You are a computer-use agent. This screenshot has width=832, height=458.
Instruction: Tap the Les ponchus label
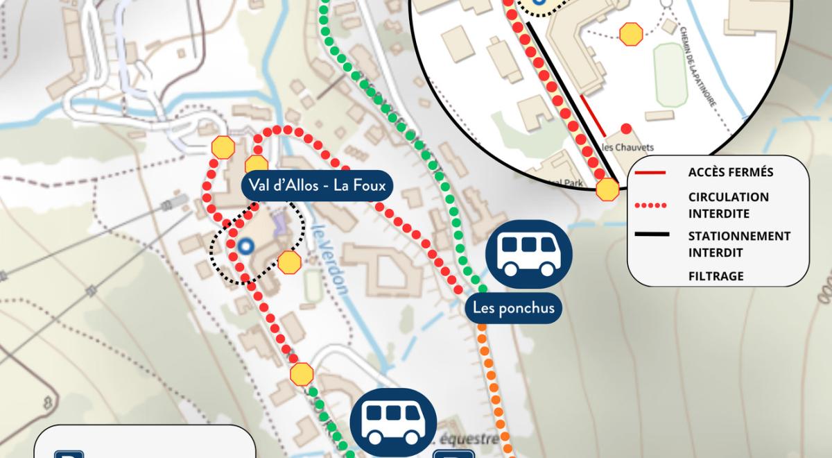pos(513,307)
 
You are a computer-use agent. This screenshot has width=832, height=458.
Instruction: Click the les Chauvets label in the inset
pos(628,147)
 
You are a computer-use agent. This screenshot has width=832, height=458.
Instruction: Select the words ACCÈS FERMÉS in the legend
pos(731,172)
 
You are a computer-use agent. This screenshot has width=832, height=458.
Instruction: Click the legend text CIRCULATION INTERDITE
pos(728,205)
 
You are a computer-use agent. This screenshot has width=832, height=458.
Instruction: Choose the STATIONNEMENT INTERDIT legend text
pos(739,244)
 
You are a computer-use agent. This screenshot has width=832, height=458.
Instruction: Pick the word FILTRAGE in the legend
pos(716,276)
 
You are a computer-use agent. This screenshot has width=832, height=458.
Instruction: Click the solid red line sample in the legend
pos(651,172)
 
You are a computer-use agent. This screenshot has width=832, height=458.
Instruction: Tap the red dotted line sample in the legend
pos(651,205)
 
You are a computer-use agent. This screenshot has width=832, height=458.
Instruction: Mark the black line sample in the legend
pos(651,236)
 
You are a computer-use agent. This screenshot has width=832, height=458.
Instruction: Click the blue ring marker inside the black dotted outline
pos(243,245)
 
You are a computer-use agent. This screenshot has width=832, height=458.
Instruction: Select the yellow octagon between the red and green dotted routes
pos(302,374)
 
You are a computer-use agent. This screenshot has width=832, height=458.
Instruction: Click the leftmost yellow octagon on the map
pos(223,148)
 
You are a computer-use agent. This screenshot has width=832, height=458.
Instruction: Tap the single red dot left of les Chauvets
pos(626,128)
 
